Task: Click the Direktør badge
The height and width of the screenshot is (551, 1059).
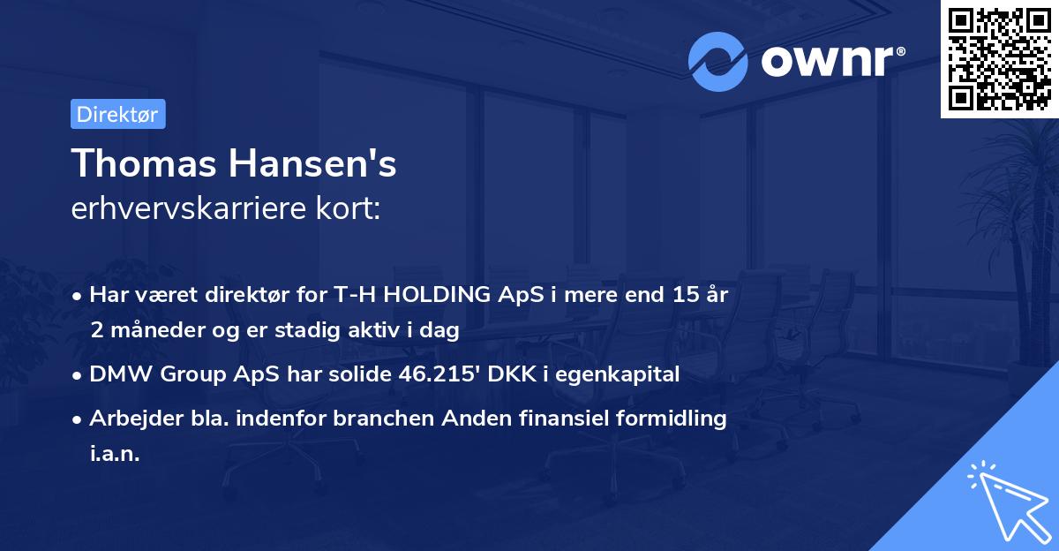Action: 117,114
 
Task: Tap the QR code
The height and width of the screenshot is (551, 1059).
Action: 1000,58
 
